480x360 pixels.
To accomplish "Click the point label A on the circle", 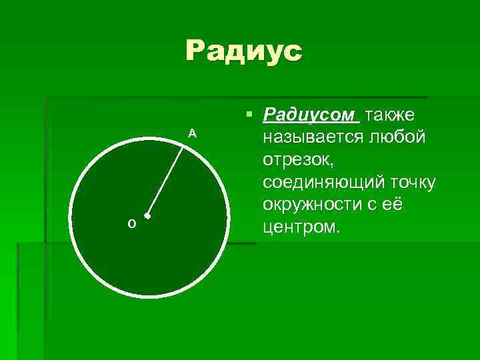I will tap(192, 133).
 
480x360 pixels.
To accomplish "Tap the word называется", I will tap(311, 139).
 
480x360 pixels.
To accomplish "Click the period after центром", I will tap(339, 233).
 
